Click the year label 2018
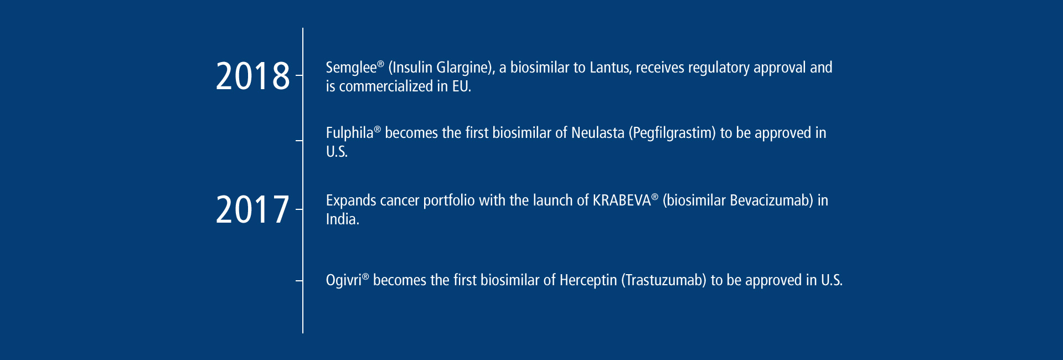point(252,76)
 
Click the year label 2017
point(252,210)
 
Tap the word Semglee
point(351,68)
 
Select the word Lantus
point(609,68)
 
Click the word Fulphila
point(349,133)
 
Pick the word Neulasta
point(597,133)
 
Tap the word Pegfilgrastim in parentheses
point(672,133)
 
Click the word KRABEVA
point(622,200)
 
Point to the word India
point(342,219)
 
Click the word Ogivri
point(343,281)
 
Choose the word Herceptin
point(588,281)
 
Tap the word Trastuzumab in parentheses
point(664,281)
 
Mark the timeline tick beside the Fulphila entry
point(299,141)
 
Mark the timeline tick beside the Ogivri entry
point(299,281)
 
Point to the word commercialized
point(386,86)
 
